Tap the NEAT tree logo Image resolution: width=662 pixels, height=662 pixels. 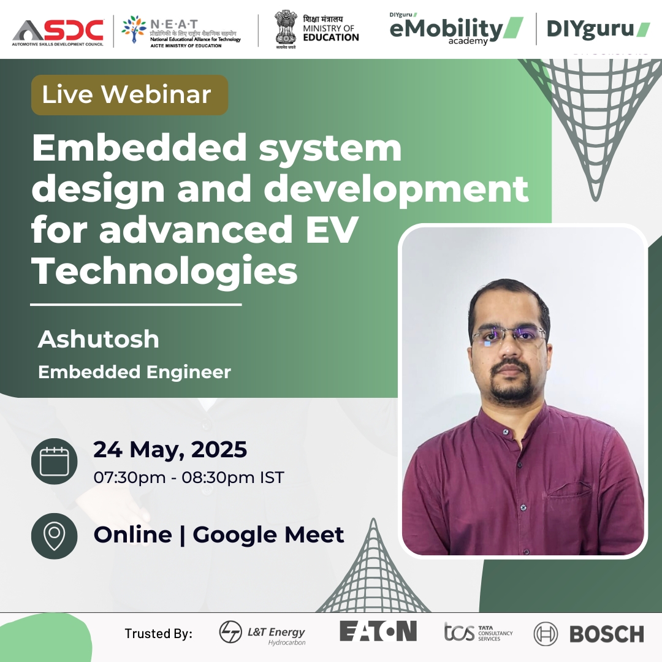(x=134, y=30)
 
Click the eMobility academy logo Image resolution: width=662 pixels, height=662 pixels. (x=456, y=29)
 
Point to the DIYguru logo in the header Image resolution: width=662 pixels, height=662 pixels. (x=598, y=29)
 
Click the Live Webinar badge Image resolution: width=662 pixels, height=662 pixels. (x=129, y=94)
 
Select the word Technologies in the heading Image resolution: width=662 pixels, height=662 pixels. (x=165, y=270)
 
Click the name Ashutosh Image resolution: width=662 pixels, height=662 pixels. (x=98, y=339)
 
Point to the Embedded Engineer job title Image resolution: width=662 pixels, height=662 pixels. (x=134, y=371)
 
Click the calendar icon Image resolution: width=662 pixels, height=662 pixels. (x=54, y=461)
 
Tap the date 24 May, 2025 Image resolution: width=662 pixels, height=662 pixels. (x=170, y=449)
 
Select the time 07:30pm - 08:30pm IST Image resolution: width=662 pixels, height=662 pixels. (x=188, y=477)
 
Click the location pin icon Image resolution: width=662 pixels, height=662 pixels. (x=54, y=536)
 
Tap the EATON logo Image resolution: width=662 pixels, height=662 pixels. (x=378, y=631)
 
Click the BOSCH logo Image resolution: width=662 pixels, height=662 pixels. (x=588, y=634)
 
